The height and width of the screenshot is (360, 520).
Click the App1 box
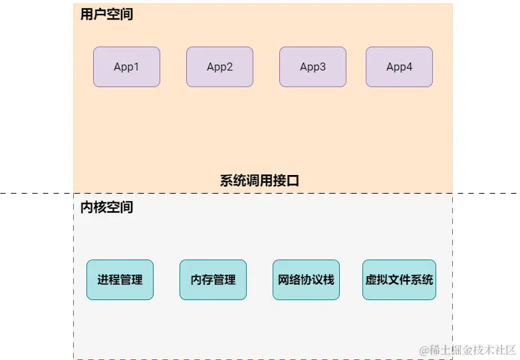126,67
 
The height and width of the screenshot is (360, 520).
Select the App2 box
219,67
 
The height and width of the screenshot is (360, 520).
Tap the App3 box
313,67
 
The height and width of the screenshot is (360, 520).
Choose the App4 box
399,67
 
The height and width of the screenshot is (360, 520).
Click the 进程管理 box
120,279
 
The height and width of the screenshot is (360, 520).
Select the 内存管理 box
213,279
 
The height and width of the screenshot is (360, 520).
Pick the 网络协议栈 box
306,279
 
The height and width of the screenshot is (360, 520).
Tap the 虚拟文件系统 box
399,279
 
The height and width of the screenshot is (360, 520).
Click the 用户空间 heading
106,14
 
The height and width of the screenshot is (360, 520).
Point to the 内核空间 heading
106,208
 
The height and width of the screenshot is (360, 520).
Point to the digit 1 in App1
136,67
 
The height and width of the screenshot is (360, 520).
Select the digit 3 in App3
323,67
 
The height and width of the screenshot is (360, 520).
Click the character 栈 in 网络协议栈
328,279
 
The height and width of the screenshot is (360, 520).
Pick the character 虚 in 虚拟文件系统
371,279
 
